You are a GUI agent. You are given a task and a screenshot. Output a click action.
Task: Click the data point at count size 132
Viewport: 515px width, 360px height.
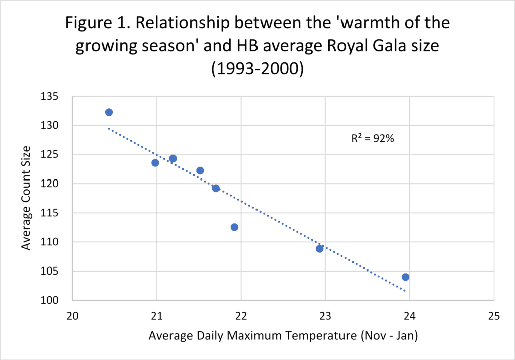click(109, 112)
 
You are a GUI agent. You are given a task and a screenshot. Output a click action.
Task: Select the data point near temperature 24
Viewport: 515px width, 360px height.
click(405, 277)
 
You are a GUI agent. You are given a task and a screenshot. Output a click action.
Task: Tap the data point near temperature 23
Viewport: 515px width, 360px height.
click(319, 249)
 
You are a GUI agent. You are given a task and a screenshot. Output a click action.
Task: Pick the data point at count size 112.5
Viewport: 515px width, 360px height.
click(234, 227)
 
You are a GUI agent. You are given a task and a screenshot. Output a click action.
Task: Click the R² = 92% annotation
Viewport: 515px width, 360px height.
click(372, 139)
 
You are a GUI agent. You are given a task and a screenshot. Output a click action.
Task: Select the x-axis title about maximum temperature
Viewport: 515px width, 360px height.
click(283, 335)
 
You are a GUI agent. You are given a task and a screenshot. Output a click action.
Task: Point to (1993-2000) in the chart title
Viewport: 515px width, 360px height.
click(257, 69)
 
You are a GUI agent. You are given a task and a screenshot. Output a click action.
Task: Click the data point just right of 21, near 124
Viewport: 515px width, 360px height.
click(173, 159)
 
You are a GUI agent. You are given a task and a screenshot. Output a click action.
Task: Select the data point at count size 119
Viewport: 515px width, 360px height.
click(216, 189)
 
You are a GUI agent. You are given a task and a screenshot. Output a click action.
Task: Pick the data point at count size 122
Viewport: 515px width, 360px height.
click(200, 171)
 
